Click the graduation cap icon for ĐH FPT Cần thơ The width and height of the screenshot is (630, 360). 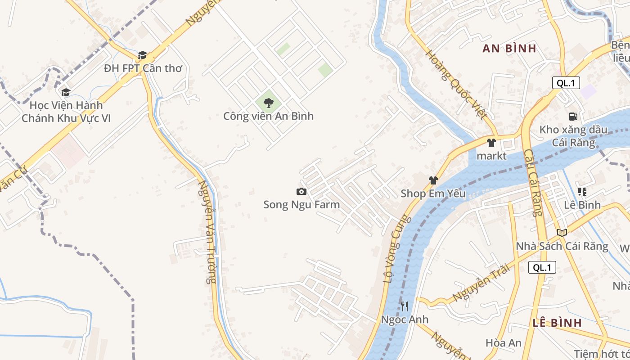(x=143, y=55)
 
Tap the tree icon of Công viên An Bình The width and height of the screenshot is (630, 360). (x=269, y=103)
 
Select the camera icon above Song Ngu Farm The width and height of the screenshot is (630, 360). (x=301, y=192)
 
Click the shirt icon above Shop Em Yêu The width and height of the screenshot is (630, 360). (x=433, y=180)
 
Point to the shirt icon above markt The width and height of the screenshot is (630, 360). (x=491, y=143)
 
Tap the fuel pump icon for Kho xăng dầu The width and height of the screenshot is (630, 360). (x=573, y=117)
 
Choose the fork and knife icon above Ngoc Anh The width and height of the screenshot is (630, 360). (x=405, y=306)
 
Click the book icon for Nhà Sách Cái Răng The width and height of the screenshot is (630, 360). (x=562, y=233)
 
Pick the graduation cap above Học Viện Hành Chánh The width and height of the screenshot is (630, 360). (x=66, y=92)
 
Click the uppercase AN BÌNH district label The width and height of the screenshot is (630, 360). (x=509, y=49)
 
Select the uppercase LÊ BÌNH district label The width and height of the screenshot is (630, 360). (x=557, y=323)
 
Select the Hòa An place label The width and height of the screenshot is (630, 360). (x=504, y=343)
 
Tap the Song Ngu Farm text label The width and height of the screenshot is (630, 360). (x=301, y=205)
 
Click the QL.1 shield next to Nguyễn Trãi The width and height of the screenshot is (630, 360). (x=542, y=267)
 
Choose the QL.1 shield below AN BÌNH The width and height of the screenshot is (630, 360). (x=566, y=83)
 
